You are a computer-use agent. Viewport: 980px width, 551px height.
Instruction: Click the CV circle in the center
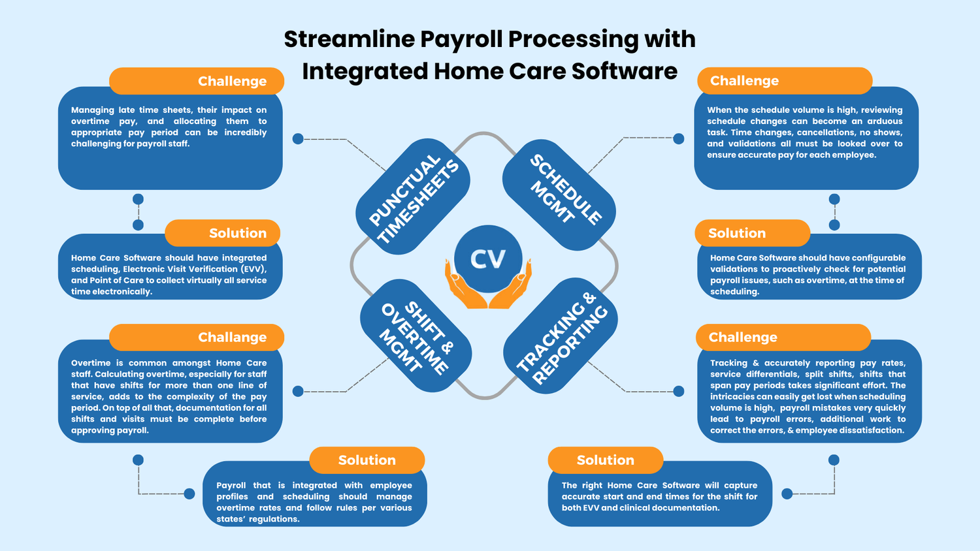coord(488,259)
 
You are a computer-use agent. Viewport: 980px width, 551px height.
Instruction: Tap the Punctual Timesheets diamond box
coord(413,197)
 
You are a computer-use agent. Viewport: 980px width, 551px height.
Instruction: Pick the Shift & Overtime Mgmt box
coord(416,336)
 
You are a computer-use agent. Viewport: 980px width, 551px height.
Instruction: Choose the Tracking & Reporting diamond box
coord(561,337)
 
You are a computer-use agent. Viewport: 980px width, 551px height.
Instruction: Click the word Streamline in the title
coord(349,39)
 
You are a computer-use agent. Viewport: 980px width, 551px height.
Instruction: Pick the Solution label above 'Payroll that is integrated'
coord(367,460)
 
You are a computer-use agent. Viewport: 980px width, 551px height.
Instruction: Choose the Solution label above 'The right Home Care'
coord(605,460)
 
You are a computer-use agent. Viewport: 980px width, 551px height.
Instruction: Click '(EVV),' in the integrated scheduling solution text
coord(253,269)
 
